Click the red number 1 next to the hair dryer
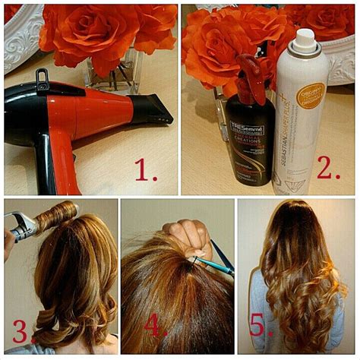(144, 169)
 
